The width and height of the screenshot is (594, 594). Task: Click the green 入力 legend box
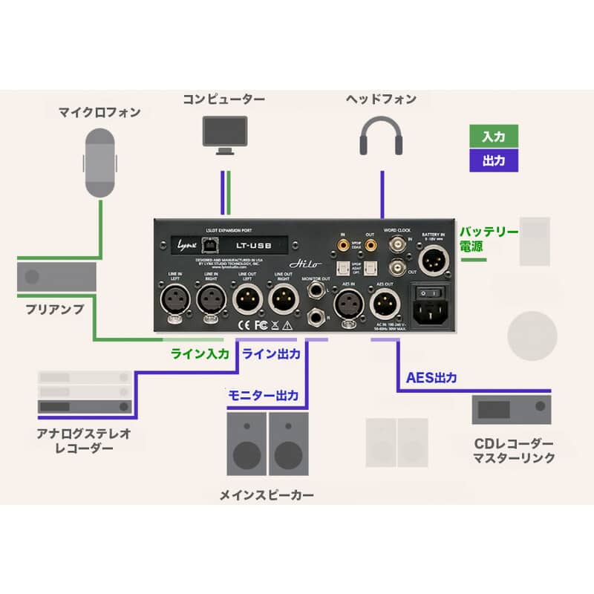494,137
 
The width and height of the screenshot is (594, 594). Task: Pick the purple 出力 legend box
494,160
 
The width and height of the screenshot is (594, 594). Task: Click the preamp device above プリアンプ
57,276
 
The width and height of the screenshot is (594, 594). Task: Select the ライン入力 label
200,354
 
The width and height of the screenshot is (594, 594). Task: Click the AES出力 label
431,377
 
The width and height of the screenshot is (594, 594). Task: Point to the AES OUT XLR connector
384,303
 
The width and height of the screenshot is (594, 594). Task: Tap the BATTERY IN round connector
434,261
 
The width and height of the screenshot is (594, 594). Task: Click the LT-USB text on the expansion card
257,243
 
